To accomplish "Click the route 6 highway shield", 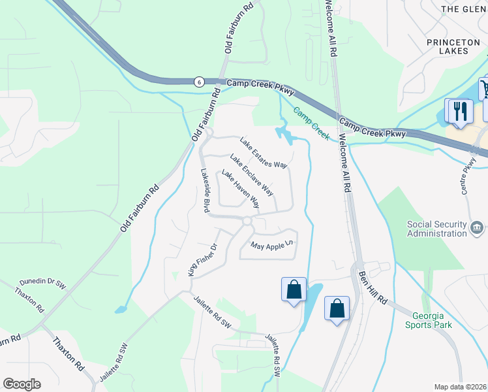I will tap(198, 81).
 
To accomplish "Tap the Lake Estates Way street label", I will tap(264, 152).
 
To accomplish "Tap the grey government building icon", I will tap(478, 228).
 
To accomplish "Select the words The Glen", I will tap(464, 9).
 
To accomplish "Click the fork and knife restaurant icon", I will tap(459, 110).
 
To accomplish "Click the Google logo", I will tap(22, 384).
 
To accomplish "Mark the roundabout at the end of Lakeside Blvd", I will tap(247, 222).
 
